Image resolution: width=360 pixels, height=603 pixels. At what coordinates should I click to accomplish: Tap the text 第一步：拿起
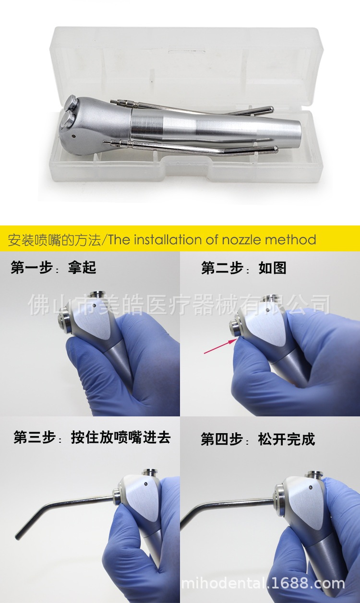53,268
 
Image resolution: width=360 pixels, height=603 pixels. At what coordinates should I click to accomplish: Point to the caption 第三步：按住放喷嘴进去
92,437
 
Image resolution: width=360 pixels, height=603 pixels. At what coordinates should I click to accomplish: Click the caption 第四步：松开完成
258,439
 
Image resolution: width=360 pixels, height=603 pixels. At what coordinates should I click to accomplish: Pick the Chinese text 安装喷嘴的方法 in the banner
55,239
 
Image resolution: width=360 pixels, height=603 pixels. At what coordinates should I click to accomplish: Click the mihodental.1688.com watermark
263,584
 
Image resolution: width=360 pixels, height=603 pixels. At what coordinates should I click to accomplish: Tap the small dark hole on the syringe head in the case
73,136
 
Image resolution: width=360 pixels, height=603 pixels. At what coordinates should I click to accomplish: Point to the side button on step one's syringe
63,324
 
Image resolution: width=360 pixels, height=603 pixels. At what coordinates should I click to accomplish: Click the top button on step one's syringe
100,295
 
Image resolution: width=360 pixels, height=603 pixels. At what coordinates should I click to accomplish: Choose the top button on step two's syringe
273,298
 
